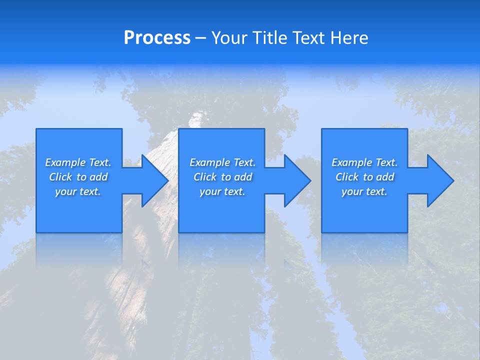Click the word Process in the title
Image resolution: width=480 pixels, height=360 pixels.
[x=157, y=38]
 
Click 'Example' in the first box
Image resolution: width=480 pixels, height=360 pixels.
[x=65, y=162]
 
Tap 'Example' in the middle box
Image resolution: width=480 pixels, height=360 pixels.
[x=209, y=162]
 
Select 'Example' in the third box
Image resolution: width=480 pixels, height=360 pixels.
[x=351, y=162]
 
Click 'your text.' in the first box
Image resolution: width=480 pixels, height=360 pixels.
[x=78, y=191]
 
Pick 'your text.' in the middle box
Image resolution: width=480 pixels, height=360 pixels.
[x=222, y=191]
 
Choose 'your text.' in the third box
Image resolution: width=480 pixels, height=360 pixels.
[x=364, y=191]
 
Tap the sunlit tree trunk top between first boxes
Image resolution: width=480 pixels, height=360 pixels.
[x=195, y=120]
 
